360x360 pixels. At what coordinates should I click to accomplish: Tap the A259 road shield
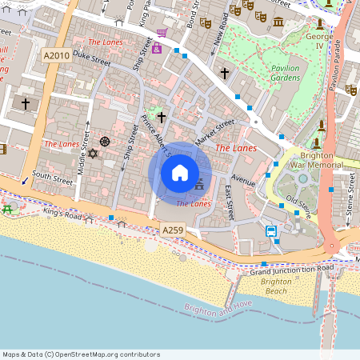174,230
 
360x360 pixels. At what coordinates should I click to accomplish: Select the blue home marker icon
180,173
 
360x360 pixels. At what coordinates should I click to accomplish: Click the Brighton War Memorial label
322,160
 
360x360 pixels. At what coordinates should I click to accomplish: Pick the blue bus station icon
271,231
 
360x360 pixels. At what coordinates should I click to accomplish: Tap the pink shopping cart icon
162,32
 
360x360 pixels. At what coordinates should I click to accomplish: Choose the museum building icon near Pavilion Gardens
278,22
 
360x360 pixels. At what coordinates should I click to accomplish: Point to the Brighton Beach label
276,286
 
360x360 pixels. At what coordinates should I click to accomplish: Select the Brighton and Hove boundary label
218,309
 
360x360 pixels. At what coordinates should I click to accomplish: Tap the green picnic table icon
7,209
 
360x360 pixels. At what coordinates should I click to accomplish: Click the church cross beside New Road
225,74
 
